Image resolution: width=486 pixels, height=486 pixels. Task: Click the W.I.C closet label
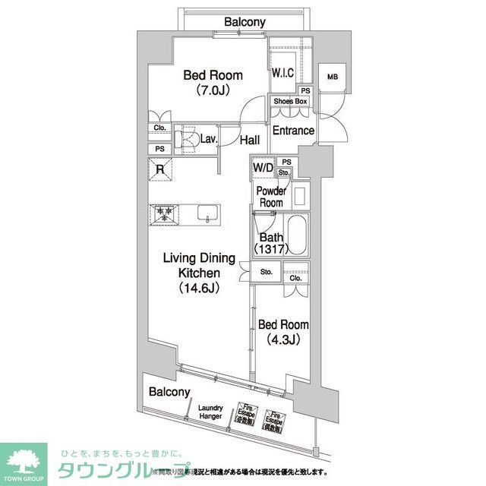pos(283,73)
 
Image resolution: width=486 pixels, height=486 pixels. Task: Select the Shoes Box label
pos(290,102)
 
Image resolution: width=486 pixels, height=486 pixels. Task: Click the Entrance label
pos(293,131)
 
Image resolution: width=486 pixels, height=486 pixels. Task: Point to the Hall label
pos(250,140)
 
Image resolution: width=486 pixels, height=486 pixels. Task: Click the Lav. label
pos(210,139)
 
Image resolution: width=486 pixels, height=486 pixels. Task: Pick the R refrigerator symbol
pos(159,170)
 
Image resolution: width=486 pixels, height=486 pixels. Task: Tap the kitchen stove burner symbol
pos(163,214)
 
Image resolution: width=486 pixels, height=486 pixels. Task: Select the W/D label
pos(263,167)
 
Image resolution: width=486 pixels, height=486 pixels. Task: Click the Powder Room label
pos(270,197)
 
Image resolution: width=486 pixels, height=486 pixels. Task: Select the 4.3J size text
pos(283,339)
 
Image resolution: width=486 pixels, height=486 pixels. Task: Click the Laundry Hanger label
pos(210,412)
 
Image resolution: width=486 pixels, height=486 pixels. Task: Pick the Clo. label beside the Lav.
pos(159,128)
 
